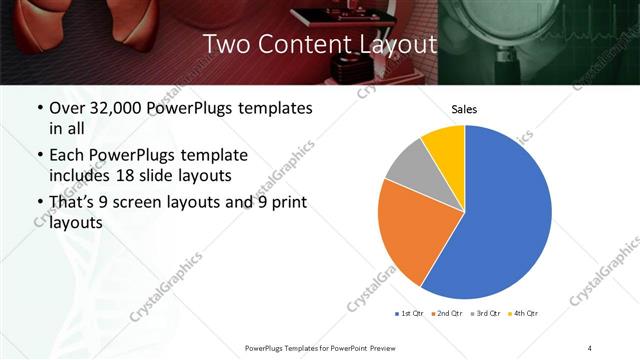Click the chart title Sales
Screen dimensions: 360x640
tap(464, 109)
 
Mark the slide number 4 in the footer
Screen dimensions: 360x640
tap(590, 347)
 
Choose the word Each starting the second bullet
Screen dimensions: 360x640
tap(69, 156)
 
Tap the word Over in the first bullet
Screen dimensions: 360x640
tap(69, 108)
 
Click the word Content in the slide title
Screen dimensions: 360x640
tap(299, 45)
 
